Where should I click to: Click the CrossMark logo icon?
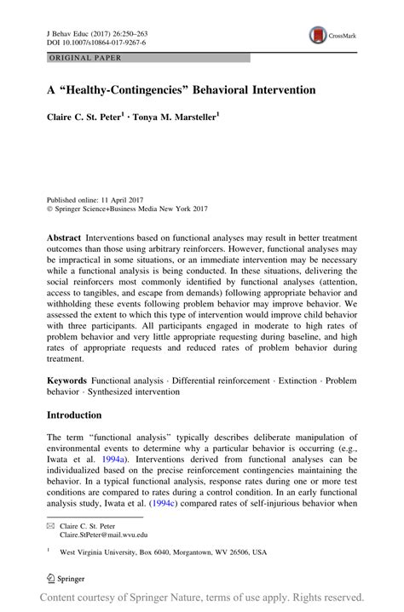point(320,36)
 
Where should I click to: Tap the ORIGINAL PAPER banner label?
point(73,58)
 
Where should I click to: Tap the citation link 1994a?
point(121,457)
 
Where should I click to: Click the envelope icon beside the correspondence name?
point(49,528)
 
